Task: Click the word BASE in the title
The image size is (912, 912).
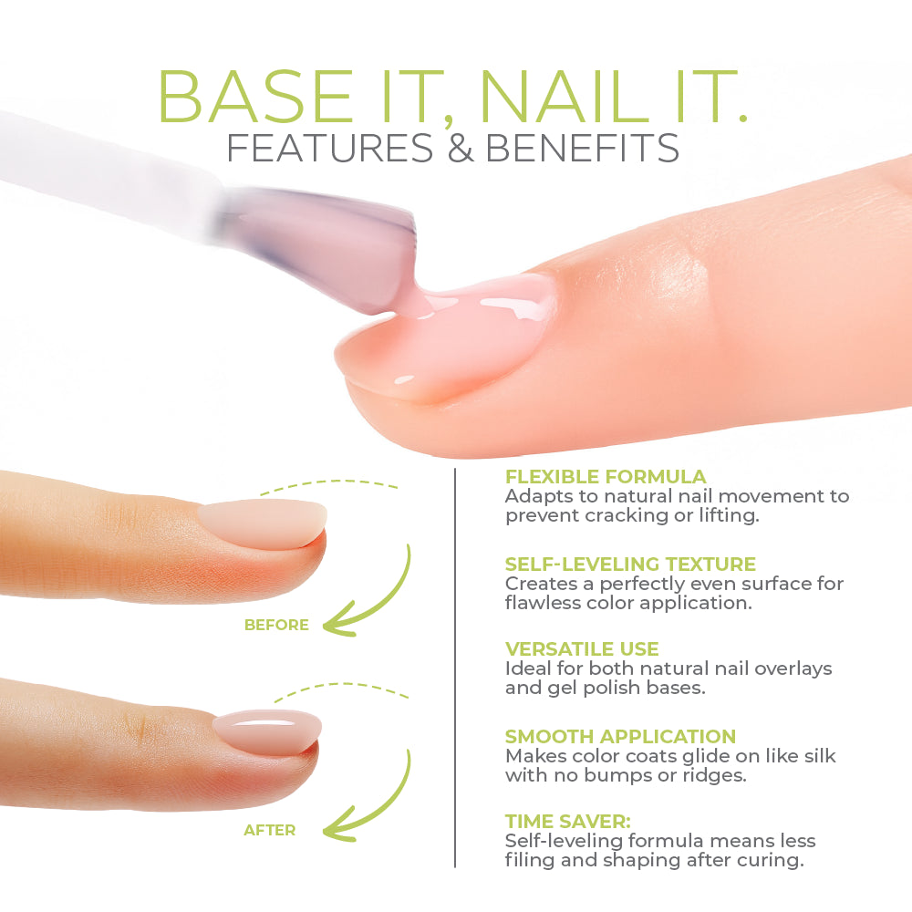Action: (254, 97)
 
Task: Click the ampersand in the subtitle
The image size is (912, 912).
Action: (460, 148)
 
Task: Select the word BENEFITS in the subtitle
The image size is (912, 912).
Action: (582, 148)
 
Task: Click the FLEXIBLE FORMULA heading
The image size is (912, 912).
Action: (606, 477)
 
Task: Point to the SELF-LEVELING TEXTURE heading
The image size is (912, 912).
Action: (630, 565)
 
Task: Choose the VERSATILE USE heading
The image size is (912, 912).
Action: (582, 649)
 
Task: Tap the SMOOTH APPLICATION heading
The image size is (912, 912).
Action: (620, 736)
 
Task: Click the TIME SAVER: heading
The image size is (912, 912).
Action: (567, 822)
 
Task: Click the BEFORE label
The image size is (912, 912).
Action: (276, 625)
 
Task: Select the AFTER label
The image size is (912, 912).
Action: (269, 830)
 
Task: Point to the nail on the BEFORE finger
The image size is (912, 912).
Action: (263, 522)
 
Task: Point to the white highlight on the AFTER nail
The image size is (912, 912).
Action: (264, 723)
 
